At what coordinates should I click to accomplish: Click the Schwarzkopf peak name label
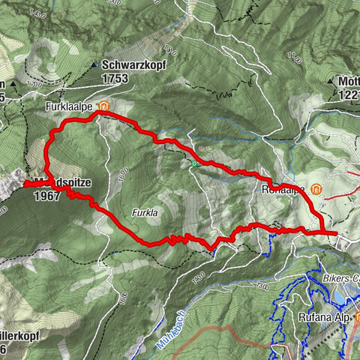coord(134,65)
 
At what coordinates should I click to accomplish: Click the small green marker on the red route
coord(194,164)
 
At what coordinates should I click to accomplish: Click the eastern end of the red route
coord(334,234)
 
